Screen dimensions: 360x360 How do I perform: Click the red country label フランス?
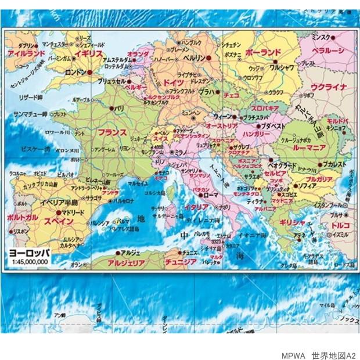(x=112, y=132)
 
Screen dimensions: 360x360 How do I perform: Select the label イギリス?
(x=88, y=53)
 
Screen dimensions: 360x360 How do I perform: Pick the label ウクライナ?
(x=329, y=87)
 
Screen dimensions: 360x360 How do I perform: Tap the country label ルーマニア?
(x=312, y=148)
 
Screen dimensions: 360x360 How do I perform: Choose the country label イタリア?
(x=196, y=207)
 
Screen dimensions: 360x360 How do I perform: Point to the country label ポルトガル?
(x=23, y=217)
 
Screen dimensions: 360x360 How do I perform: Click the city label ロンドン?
(x=75, y=73)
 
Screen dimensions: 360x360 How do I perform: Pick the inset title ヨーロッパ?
(x=29, y=253)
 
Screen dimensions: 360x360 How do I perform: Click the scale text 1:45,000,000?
(x=29, y=262)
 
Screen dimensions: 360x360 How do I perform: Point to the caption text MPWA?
(x=293, y=355)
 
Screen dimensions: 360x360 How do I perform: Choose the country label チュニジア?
(x=180, y=262)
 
